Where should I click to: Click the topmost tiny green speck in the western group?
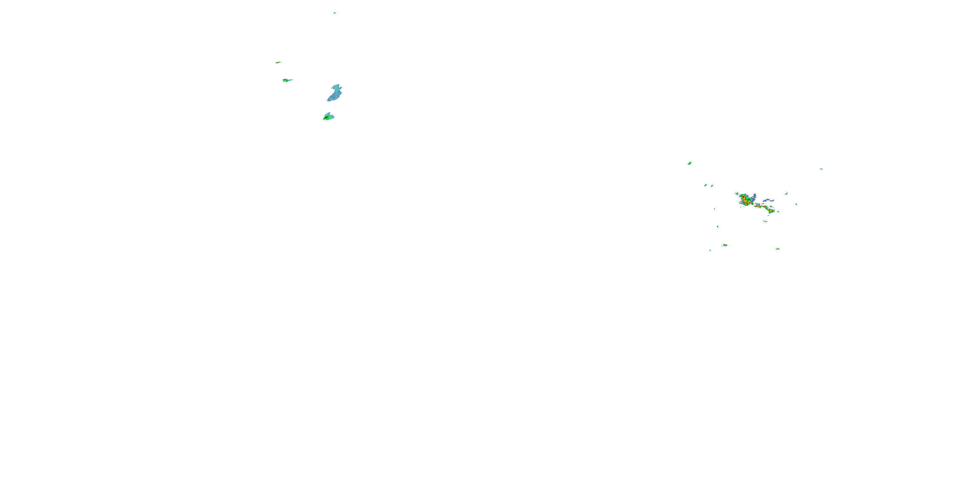tap(335, 13)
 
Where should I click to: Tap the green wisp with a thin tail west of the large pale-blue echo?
tap(287, 80)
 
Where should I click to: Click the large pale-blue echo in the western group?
tap(335, 93)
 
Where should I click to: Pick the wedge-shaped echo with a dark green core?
tap(328, 117)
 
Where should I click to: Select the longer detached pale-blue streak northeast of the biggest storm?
tap(768, 200)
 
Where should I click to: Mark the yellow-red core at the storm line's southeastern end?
tap(771, 211)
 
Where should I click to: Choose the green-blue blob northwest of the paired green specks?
tap(690, 163)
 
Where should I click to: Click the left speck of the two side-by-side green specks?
tap(706, 185)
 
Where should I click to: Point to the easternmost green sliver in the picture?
tap(821, 169)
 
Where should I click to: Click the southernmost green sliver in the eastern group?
tap(710, 250)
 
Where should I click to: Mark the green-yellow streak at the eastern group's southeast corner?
tap(778, 249)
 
